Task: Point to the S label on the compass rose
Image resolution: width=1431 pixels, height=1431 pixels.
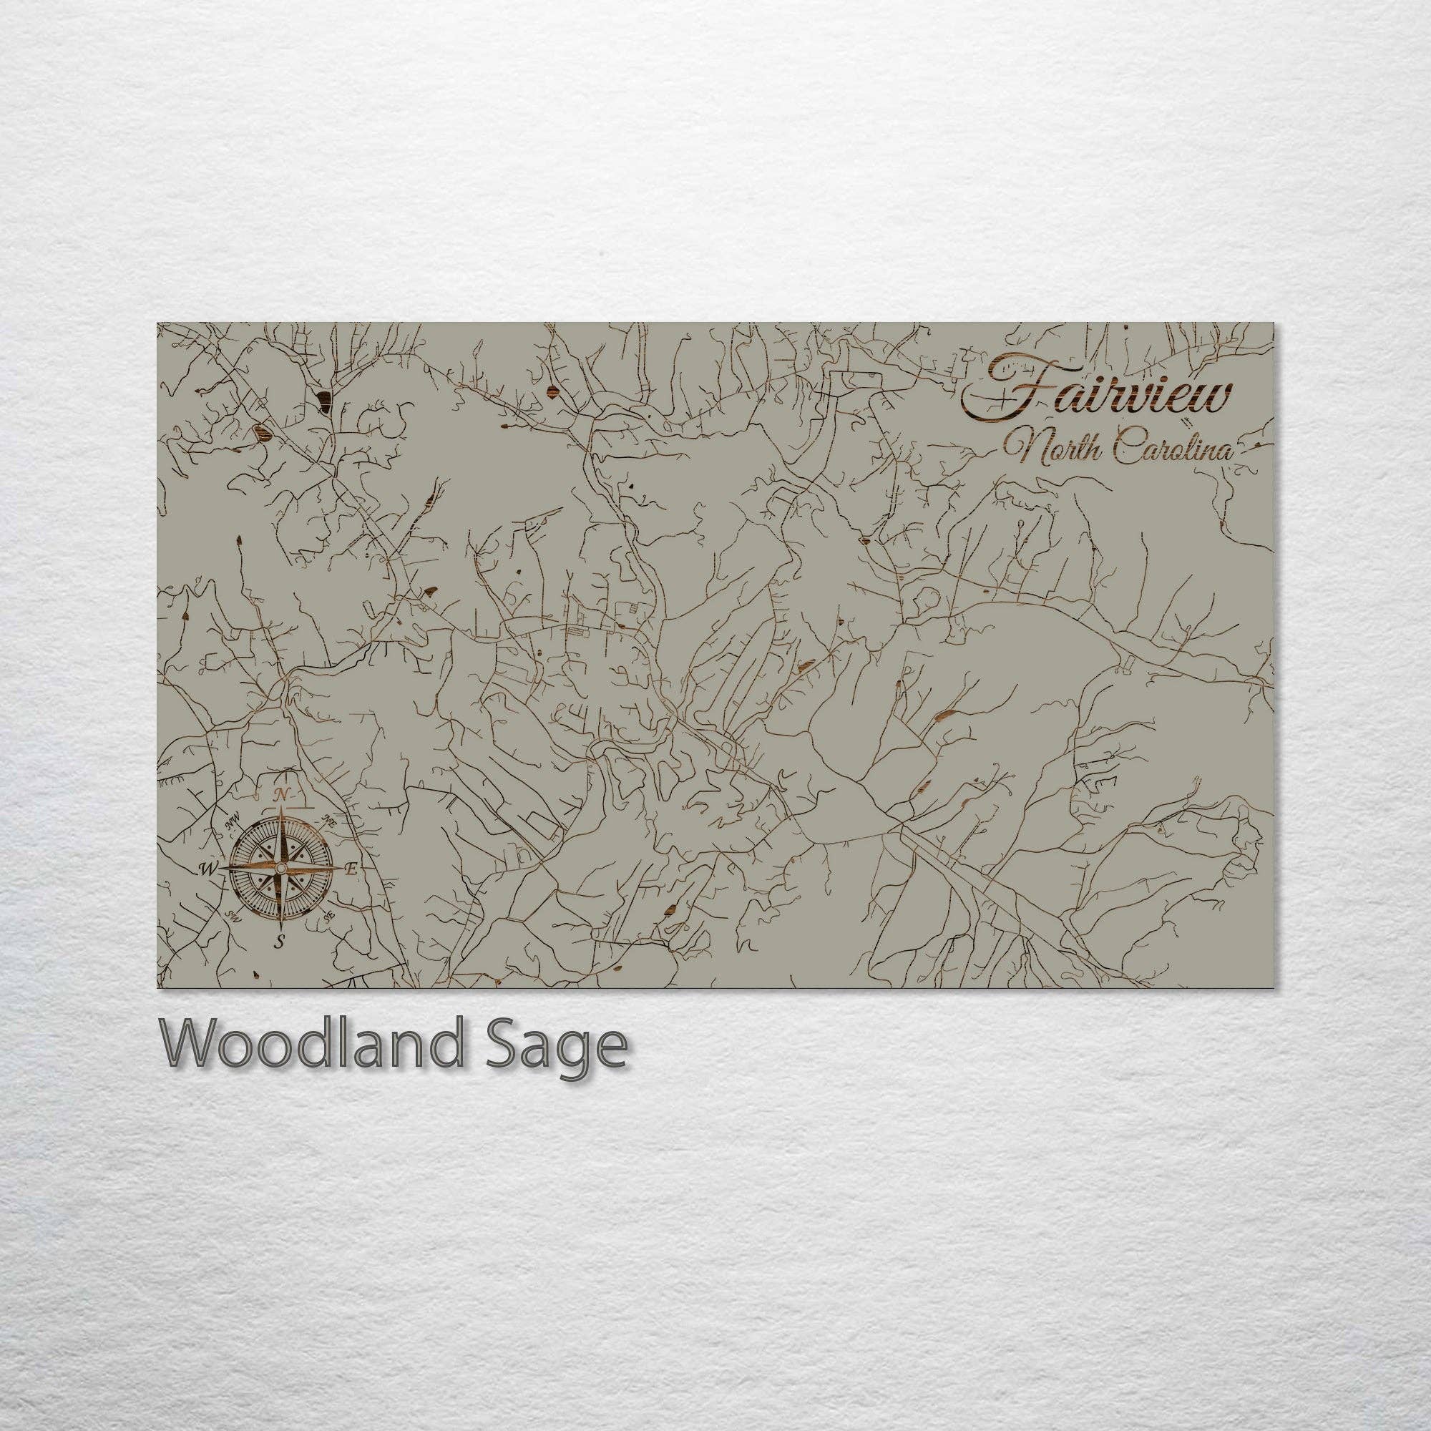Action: [x=279, y=942]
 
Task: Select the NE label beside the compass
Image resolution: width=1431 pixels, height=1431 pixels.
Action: [x=330, y=821]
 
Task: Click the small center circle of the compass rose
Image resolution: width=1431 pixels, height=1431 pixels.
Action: [x=280, y=867]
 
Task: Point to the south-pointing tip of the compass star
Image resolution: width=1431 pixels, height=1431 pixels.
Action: [x=280, y=927]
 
